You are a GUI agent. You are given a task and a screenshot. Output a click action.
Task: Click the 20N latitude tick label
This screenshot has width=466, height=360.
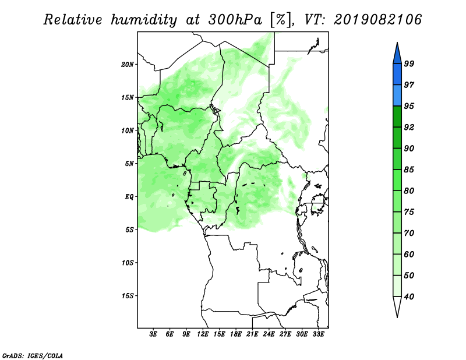[128, 65]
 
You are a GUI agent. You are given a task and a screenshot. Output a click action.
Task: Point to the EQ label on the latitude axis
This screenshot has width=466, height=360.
[129, 197]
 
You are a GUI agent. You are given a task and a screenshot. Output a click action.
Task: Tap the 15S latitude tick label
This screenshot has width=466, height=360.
[128, 296]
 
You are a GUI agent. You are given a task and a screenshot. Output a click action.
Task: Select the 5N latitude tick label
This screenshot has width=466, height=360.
[129, 164]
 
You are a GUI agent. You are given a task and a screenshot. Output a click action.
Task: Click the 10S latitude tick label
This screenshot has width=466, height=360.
[128, 263]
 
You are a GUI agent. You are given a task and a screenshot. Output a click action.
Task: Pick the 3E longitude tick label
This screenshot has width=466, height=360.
[153, 334]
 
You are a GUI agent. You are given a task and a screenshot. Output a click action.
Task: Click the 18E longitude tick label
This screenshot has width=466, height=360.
[236, 334]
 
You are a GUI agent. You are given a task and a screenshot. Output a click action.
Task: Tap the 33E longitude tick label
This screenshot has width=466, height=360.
[318, 334]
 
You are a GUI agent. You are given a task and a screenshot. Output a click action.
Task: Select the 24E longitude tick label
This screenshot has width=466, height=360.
[269, 334]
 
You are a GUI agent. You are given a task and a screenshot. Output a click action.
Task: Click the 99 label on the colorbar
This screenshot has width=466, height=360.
[409, 63]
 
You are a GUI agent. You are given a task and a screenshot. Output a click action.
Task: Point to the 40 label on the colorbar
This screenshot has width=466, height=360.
[409, 297]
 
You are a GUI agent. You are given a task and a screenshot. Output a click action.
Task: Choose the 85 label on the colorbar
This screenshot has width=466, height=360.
[409, 170]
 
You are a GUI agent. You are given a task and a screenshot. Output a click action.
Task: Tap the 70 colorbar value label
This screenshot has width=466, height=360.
[409, 233]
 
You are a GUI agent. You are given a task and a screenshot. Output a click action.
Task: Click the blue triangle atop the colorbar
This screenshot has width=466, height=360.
[397, 55]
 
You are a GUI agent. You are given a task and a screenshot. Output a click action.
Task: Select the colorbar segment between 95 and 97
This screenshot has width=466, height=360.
[397, 96]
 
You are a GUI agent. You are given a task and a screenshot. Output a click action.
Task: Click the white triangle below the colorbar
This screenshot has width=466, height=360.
[397, 306]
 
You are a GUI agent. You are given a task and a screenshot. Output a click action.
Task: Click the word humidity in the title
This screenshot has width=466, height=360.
[144, 20]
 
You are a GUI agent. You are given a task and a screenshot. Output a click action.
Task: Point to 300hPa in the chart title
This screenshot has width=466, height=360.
[235, 20]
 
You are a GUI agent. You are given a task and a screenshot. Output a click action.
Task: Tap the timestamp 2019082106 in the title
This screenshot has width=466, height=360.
[377, 20]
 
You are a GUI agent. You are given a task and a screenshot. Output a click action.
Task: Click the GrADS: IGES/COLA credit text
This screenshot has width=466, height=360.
[33, 356]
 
